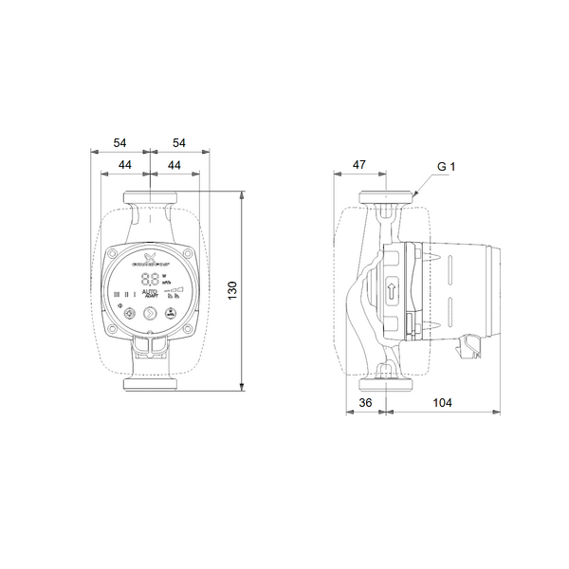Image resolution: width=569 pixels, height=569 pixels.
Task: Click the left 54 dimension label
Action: pyautogui.click(x=119, y=142)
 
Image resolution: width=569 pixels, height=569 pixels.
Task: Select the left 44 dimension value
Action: pyautogui.click(x=124, y=165)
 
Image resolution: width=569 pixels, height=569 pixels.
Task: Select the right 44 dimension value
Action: pyautogui.click(x=174, y=165)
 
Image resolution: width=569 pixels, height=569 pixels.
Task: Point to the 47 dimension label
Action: pyautogui.click(x=359, y=165)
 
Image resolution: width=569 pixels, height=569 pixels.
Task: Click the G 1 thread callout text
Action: pyautogui.click(x=447, y=166)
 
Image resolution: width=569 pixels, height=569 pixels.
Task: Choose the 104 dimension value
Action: pyautogui.click(x=441, y=402)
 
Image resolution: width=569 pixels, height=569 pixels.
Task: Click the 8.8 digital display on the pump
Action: pyautogui.click(x=150, y=280)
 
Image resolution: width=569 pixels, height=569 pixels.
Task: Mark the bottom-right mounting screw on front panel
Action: pyautogui.click(x=191, y=328)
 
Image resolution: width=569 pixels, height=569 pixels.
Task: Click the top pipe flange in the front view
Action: pyautogui.click(x=150, y=198)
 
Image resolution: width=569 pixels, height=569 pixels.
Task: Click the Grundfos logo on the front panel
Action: pyautogui.click(x=150, y=258)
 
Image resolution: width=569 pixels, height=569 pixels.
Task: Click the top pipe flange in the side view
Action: pyautogui.click(x=387, y=198)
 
